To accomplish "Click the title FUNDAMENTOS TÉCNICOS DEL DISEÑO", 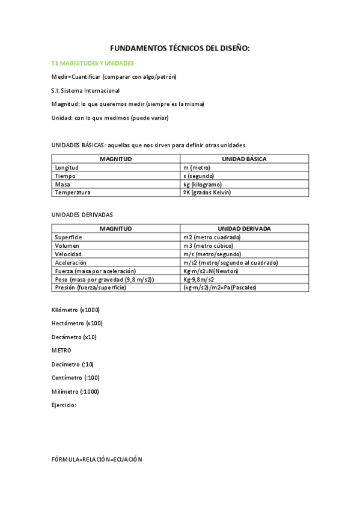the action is (180, 48).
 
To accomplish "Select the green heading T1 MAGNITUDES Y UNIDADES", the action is (93, 63).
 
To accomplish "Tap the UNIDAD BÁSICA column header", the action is (244, 159).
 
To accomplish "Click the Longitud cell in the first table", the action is (67, 167).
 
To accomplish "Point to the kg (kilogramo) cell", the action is (203, 184).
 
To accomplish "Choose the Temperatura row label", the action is (73, 192).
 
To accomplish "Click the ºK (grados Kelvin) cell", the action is (207, 192).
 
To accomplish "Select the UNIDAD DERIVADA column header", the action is (244, 229).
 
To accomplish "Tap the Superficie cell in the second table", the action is (69, 237).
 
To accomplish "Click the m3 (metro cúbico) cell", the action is (208, 245).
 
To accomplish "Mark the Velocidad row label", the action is (68, 254).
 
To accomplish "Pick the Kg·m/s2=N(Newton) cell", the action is (210, 271).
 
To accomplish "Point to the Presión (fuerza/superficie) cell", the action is (90, 287).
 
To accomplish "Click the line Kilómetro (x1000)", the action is (76, 310).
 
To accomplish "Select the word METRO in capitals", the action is (61, 350).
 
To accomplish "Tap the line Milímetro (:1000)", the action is (76, 392).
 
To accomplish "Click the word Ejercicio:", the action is (64, 405).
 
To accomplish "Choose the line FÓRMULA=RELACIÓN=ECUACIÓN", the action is (97, 459).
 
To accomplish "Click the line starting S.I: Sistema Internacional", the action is (85, 90).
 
